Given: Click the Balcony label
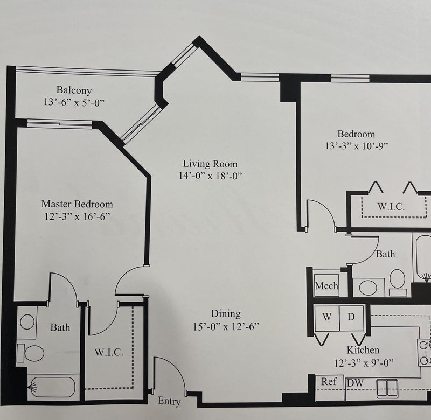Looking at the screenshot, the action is [74, 90].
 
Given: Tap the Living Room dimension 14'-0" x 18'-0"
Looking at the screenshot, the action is [210, 176].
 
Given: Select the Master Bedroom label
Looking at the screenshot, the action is [77, 204].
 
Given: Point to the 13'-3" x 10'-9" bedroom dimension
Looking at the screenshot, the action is [357, 146].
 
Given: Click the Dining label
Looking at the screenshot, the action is [226, 314].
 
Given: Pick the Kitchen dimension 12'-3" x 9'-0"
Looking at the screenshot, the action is [364, 363].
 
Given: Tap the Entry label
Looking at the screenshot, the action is [169, 402].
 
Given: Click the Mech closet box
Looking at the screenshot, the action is [326, 285].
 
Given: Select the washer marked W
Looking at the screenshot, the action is [327, 318].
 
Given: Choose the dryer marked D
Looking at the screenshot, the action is [352, 318].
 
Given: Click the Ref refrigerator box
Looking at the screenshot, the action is [329, 387].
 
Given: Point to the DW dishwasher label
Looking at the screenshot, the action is [355, 383].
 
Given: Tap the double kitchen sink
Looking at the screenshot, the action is [387, 389].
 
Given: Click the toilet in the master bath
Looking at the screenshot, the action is [31, 353].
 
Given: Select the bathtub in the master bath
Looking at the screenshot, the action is [52, 387].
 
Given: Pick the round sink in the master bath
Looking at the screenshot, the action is [27, 322].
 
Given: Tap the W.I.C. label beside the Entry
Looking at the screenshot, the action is [109, 352].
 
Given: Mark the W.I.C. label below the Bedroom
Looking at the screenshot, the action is [391, 206].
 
